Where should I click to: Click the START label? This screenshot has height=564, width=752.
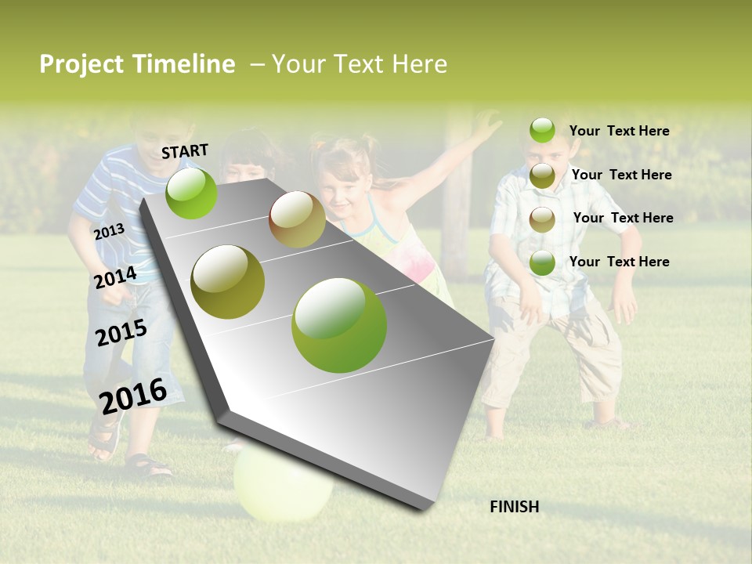click(185, 151)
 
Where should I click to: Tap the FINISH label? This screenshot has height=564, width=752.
click(514, 507)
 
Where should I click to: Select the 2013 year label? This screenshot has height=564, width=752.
click(109, 232)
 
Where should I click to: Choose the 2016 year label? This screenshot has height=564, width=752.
click(132, 396)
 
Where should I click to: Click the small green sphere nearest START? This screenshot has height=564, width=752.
click(192, 193)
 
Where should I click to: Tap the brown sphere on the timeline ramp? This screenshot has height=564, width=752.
click(297, 219)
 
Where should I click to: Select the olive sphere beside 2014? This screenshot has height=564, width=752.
click(228, 282)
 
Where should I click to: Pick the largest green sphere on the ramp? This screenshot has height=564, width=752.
click(339, 325)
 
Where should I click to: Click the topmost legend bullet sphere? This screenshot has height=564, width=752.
click(542, 130)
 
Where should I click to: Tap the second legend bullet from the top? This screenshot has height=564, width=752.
click(542, 175)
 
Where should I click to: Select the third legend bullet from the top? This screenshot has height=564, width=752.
click(542, 219)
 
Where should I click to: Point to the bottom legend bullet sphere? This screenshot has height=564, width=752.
click(542, 263)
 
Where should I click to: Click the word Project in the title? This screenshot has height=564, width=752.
click(81, 64)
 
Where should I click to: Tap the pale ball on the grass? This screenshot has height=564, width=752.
click(283, 484)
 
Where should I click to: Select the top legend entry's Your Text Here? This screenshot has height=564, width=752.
click(619, 131)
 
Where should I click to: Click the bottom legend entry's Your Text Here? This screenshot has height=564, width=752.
click(619, 262)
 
